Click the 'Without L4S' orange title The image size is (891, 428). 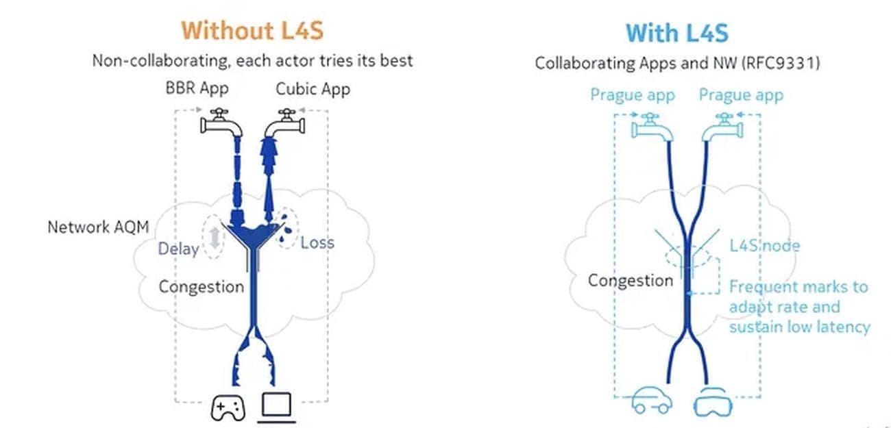click(252, 31)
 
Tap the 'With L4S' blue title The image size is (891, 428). click(677, 33)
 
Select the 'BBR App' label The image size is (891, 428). click(197, 88)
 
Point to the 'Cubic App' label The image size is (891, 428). click(313, 89)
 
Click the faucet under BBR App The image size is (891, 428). click(221, 123)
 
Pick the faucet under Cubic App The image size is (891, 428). click(285, 123)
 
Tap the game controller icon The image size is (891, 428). click(228, 407)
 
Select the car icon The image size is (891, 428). click(652, 400)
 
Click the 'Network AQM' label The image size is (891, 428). click(98, 227)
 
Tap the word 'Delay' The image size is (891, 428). click(178, 249)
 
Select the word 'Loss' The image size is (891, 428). click(317, 243)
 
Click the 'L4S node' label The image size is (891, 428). click(764, 246)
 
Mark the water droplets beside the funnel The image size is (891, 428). click(285, 229)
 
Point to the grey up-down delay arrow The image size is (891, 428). click(215, 238)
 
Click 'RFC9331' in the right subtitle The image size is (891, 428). click(781, 63)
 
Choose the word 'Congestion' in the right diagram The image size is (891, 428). click(631, 281)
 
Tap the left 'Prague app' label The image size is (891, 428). click(633, 95)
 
